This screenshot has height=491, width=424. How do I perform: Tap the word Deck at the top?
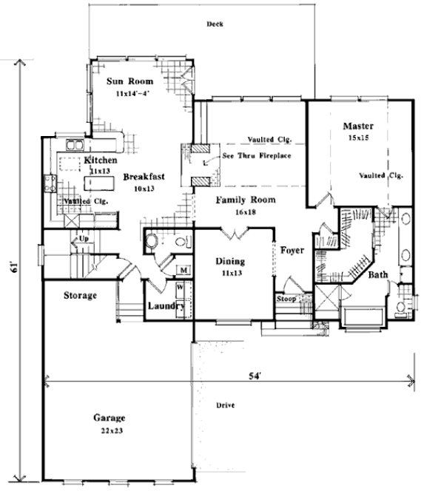pyautogui.click(x=215, y=24)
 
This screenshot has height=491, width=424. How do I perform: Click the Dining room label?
pyautogui.click(x=230, y=261)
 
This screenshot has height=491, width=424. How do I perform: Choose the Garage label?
pyautogui.click(x=109, y=417)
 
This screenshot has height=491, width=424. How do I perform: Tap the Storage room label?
pyautogui.click(x=79, y=296)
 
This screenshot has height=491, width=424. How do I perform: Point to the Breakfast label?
pyautogui.click(x=144, y=177)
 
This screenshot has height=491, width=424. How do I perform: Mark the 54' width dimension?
pyautogui.click(x=255, y=376)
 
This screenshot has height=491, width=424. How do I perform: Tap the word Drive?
pyautogui.click(x=225, y=406)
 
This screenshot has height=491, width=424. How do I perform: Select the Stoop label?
pyautogui.click(x=286, y=299)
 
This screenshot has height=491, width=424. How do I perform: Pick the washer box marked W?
pyautogui.click(x=180, y=285)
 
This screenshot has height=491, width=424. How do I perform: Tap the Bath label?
pyautogui.click(x=378, y=275)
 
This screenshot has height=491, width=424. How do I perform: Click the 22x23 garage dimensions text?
pyautogui.click(x=109, y=430)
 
